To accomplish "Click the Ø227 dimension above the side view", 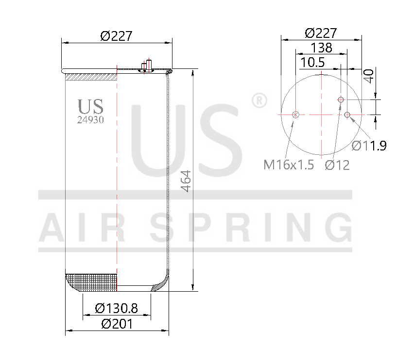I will coord(116,36).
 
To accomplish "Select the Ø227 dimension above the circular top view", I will coord(321,33).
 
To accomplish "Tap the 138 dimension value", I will coord(321,48).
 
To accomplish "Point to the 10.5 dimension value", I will coord(312,63).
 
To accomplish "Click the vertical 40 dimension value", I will coord(369,76).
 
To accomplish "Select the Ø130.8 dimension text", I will coord(117,308).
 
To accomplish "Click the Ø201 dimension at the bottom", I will coord(117,324).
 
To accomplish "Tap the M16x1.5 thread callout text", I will coord(289,165).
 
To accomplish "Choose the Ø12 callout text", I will coord(337,165).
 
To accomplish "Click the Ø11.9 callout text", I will coord(369,146).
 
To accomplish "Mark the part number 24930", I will coord(90,119).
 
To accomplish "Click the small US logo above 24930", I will coord(90,106).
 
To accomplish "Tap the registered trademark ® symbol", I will coord(258,100).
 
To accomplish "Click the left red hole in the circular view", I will coord(295,115).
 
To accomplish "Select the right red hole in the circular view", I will coord(347,115).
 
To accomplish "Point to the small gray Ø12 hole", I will coord(341,99).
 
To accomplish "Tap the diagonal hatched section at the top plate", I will coord(91,77).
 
